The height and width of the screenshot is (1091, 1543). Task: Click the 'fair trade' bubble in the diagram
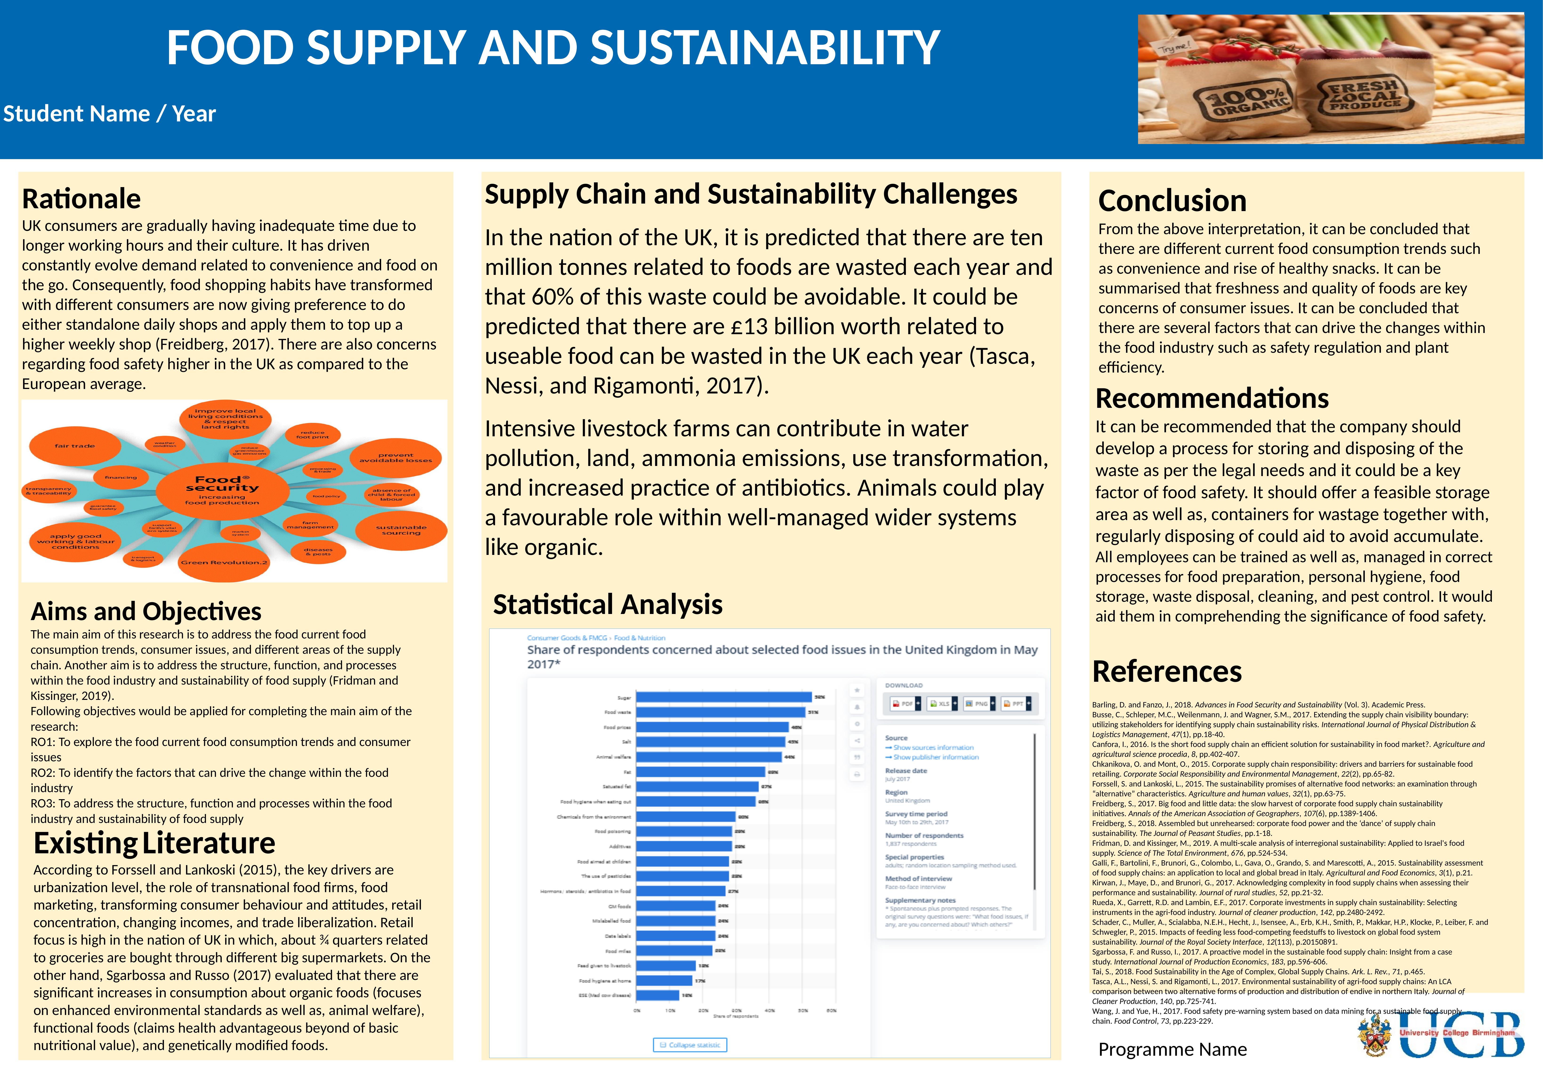tap(75, 446)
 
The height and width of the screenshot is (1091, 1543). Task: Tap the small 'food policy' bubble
tap(326, 497)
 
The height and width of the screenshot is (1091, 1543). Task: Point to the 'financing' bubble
tap(121, 478)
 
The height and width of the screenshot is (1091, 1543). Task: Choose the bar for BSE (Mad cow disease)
tap(657, 995)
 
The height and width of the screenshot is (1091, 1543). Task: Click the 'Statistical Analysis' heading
tap(607, 605)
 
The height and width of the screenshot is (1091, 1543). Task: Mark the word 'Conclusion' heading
tap(1172, 201)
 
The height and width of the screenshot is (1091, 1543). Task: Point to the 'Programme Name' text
tap(1172, 1049)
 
